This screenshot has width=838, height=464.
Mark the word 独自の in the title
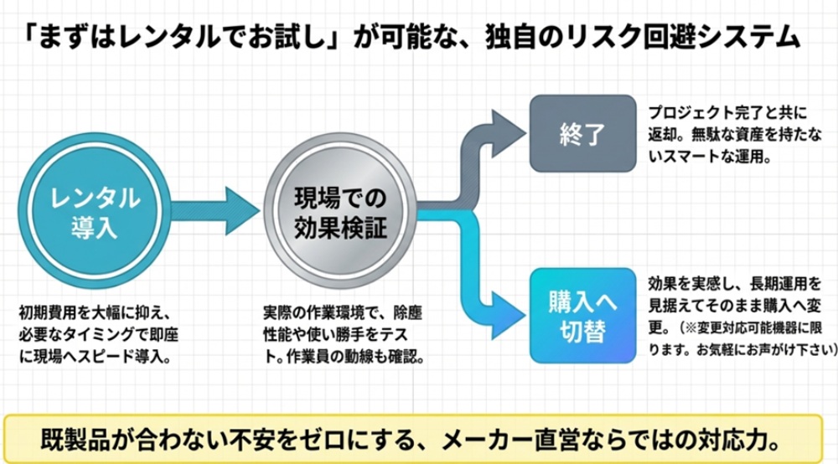510,37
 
